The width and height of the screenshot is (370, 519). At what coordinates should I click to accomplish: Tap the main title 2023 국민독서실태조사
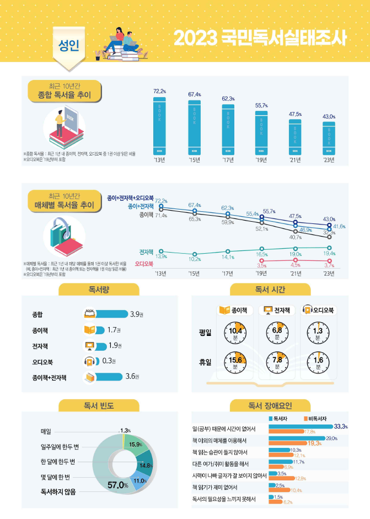pyautogui.click(x=260, y=38)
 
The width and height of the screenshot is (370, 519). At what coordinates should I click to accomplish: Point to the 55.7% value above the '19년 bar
pyautogui.click(x=261, y=105)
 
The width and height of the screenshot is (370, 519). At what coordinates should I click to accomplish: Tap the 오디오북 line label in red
pyautogui.click(x=144, y=264)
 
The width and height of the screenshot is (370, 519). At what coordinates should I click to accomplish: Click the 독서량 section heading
pyautogui.click(x=99, y=289)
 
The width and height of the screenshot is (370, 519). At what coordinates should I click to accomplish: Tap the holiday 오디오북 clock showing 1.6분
pyautogui.click(x=318, y=363)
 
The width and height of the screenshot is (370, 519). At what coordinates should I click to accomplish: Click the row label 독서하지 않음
pyautogui.click(x=58, y=491)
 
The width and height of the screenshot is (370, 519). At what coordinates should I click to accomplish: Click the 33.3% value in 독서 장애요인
pyautogui.click(x=340, y=426)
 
